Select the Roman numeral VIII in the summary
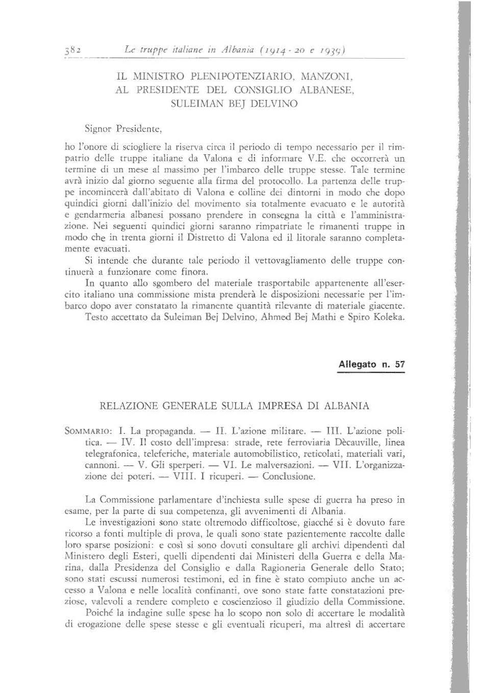pos(180,477)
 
